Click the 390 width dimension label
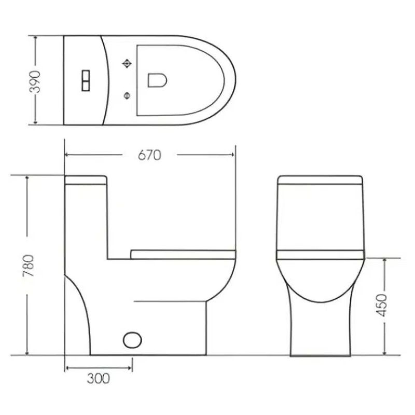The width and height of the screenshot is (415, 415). [35, 81]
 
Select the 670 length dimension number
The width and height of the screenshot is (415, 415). [149, 155]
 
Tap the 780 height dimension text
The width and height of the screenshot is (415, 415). [29, 266]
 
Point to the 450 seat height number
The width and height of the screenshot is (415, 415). [381, 305]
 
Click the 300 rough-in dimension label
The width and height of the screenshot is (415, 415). [98, 379]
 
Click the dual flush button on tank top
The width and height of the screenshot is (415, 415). [86, 81]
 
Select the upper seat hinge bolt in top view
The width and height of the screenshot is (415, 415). [127, 63]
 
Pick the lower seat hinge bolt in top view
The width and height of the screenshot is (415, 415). [127, 95]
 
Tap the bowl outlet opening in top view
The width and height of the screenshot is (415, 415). [157, 80]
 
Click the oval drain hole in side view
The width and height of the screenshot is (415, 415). [132, 340]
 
